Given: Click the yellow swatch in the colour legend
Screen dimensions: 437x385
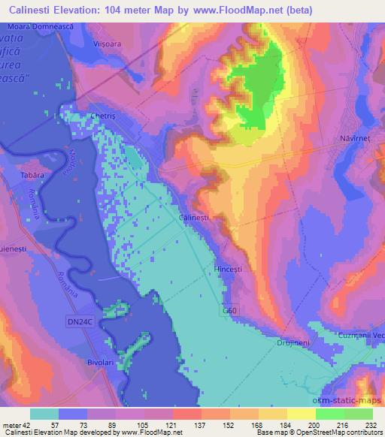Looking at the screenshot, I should point(302,413).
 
